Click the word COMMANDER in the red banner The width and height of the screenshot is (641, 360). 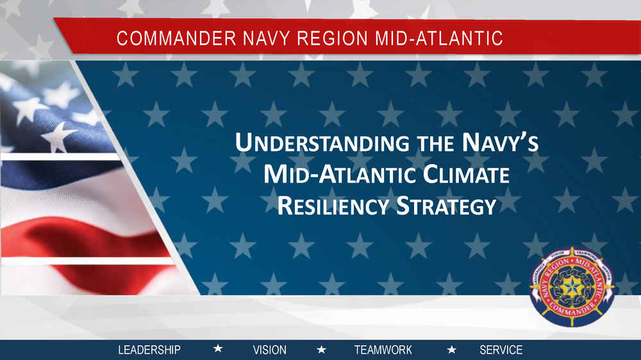point(176,38)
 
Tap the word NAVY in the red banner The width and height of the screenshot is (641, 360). point(266,38)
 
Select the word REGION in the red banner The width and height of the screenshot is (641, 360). point(332,38)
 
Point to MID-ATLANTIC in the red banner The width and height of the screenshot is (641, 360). point(438,38)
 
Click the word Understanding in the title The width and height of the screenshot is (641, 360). point(322,143)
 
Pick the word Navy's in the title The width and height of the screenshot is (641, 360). point(500,143)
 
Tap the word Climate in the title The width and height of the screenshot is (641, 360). point(466,174)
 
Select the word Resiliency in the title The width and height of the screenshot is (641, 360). point(333,206)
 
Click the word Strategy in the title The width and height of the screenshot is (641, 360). point(446,206)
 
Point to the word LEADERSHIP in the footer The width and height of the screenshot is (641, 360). point(149,350)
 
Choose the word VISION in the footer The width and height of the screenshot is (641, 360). point(269,350)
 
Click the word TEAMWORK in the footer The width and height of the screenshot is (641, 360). point(383,350)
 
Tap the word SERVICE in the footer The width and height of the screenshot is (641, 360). point(501,350)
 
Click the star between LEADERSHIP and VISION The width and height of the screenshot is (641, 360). point(219,349)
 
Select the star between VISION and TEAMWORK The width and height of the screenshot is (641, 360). point(322,349)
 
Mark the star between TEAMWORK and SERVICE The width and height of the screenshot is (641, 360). point(452,350)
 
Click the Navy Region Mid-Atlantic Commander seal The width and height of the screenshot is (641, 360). point(572,287)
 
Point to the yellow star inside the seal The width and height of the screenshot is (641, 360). point(572,286)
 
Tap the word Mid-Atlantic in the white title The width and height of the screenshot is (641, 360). point(340,174)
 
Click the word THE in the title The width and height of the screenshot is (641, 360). point(435,143)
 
